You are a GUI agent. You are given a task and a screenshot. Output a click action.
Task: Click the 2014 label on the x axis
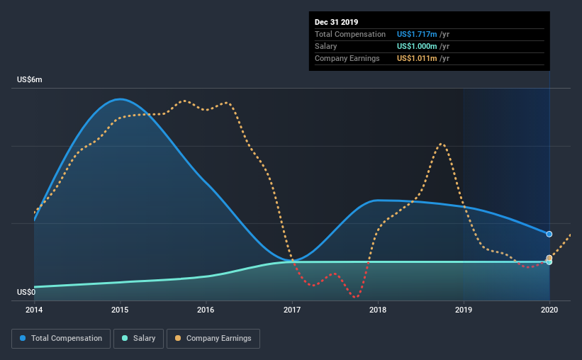pyautogui.click(x=34, y=310)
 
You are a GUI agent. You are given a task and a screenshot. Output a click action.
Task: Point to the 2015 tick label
pyautogui.click(x=120, y=310)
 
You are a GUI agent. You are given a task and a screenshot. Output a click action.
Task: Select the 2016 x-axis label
pyautogui.click(x=206, y=310)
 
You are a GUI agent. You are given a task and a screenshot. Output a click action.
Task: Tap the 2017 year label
pyautogui.click(x=292, y=310)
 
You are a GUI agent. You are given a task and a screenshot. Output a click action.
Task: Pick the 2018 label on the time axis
pyautogui.click(x=378, y=310)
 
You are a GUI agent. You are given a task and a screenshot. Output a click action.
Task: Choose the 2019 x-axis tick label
pyautogui.click(x=464, y=310)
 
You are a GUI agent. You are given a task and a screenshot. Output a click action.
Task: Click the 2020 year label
pyautogui.click(x=549, y=310)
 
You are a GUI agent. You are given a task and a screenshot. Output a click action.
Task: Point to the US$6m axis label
pyautogui.click(x=30, y=80)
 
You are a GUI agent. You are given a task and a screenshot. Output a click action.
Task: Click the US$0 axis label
pyautogui.click(x=26, y=292)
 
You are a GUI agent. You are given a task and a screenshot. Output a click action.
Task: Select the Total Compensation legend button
pyautogui.click(x=61, y=339)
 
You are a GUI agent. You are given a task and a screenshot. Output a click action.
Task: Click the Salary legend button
pyautogui.click(x=138, y=339)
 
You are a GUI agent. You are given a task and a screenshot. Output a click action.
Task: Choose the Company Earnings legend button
pyautogui.click(x=213, y=339)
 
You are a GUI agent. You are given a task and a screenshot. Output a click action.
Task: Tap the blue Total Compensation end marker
pyautogui.click(x=549, y=234)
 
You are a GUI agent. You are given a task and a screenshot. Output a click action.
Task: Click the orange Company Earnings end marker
pyautogui.click(x=549, y=257)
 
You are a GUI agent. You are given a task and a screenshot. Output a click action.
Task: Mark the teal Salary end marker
pyautogui.click(x=549, y=262)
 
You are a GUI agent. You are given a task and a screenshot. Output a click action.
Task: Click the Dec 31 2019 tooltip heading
pyautogui.click(x=336, y=22)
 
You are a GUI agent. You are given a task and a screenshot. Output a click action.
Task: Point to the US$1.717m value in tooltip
pyautogui.click(x=417, y=34)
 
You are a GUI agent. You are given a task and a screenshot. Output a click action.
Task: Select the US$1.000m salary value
pyautogui.click(x=417, y=46)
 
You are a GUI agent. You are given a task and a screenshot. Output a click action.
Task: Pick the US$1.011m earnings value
pyautogui.click(x=417, y=58)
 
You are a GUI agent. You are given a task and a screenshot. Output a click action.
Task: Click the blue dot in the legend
pyautogui.click(x=23, y=338)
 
